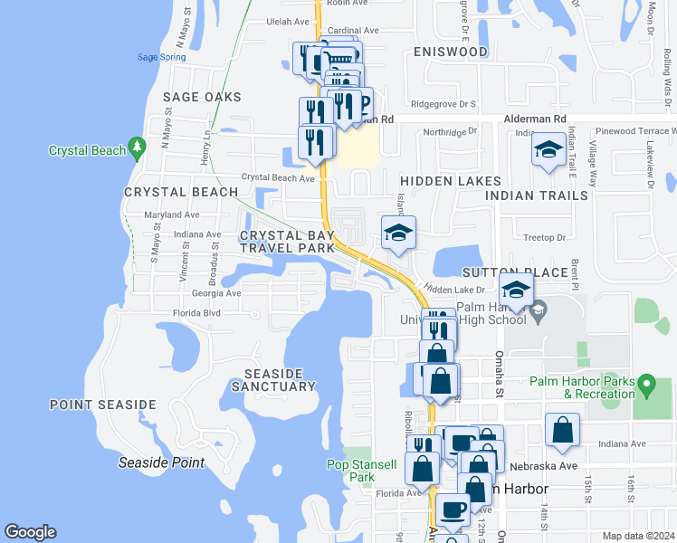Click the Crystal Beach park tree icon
point(137,146)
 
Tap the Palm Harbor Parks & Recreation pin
point(645,386)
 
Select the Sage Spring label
point(161,57)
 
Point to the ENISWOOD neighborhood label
point(450,52)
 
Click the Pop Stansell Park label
point(361,471)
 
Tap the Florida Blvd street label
point(196,313)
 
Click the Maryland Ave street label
point(172,214)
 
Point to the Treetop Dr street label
point(544,238)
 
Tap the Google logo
point(30,532)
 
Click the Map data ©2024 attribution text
point(639,536)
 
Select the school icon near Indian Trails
point(548,151)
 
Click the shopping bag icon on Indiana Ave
point(562,431)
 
